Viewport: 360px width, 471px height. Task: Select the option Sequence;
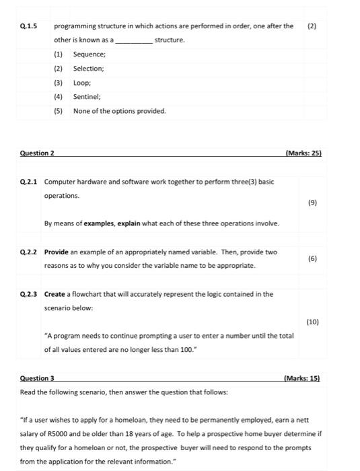click(89, 55)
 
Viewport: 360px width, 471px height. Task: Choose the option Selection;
click(89, 69)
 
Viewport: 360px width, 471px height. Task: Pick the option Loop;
click(82, 83)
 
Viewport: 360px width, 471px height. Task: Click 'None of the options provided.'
click(119, 111)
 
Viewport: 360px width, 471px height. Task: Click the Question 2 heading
click(36, 153)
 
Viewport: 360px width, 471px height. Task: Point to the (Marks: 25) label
click(303, 153)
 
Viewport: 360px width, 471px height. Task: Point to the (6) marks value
click(312, 258)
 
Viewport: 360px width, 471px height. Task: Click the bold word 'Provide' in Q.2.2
click(57, 252)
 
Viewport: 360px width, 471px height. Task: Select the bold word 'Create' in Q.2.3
click(55, 294)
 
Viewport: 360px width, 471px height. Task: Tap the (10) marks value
click(312, 322)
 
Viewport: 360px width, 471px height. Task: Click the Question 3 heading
click(38, 379)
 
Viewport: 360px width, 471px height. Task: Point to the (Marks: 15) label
click(303, 379)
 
